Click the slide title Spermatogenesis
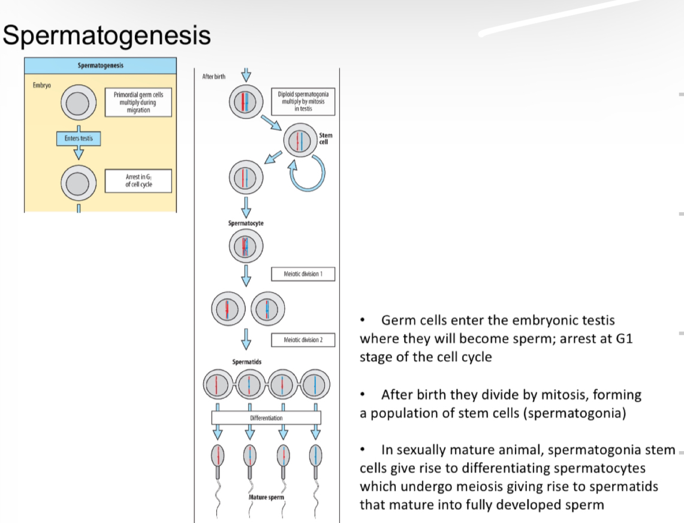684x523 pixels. click(x=107, y=35)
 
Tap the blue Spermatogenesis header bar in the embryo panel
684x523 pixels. click(x=100, y=65)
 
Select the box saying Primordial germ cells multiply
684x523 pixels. click(x=138, y=102)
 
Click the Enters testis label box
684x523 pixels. click(x=79, y=138)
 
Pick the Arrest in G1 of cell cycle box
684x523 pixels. click(x=138, y=180)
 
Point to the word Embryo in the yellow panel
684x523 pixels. click(x=41, y=85)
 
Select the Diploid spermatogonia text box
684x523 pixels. click(x=303, y=101)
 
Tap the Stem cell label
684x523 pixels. click(x=326, y=139)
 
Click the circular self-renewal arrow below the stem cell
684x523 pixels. click(x=306, y=171)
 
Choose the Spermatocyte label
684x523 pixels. click(x=245, y=223)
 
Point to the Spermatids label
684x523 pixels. click(x=246, y=362)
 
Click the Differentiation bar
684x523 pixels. click(x=266, y=418)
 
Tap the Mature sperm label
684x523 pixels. click(x=266, y=497)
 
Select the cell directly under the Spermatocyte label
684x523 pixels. click(x=245, y=246)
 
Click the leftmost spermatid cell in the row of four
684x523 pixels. click(x=218, y=384)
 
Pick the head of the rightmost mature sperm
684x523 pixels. click(x=316, y=456)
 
